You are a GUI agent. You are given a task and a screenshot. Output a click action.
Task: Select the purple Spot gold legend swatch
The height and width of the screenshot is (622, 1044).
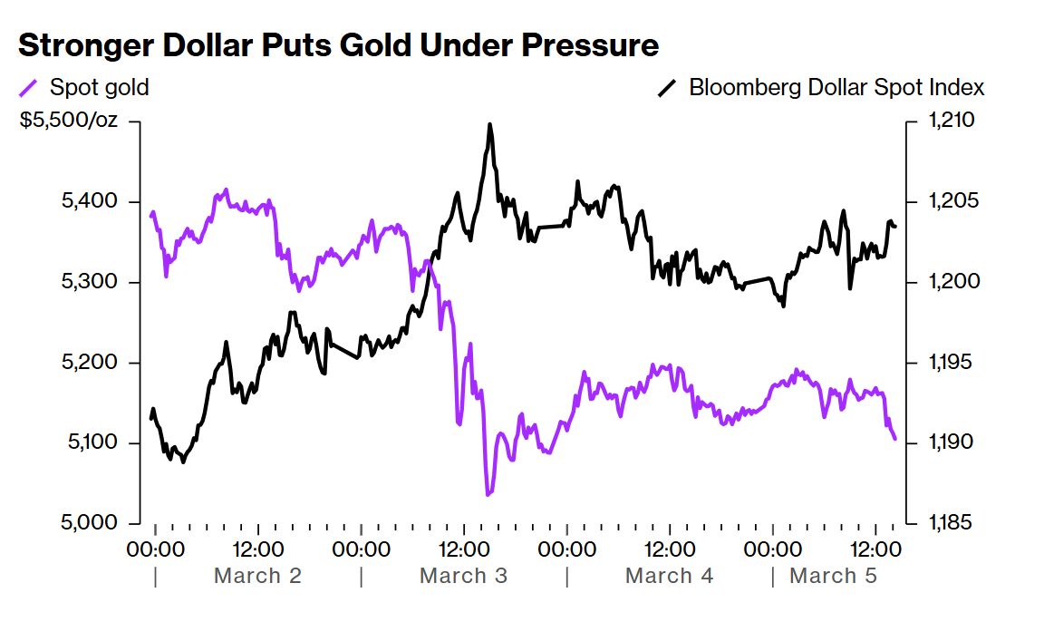(x=29, y=88)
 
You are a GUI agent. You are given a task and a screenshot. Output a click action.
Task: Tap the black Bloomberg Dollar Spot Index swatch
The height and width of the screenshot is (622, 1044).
(x=668, y=88)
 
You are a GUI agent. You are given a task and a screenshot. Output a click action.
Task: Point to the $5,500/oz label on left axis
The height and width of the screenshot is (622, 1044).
(x=69, y=121)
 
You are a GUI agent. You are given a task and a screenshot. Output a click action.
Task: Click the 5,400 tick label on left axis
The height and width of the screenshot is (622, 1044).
(x=88, y=201)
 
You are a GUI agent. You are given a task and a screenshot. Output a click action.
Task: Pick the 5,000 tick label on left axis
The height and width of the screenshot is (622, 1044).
(x=88, y=523)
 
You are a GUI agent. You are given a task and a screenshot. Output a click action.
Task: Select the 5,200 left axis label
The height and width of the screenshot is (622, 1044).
(x=88, y=363)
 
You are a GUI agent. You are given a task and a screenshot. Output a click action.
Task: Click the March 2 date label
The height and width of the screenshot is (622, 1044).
(x=257, y=576)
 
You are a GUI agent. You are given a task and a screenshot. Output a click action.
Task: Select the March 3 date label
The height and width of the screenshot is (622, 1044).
(x=463, y=576)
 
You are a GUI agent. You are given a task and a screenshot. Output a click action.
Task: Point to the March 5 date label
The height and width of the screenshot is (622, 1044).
(x=833, y=576)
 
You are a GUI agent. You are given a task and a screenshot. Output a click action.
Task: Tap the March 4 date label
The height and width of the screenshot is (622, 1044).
(x=669, y=576)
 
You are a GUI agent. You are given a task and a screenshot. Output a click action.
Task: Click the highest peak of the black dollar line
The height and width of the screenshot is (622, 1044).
(x=489, y=124)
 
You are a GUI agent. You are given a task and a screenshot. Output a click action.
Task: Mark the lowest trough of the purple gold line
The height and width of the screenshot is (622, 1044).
(x=488, y=494)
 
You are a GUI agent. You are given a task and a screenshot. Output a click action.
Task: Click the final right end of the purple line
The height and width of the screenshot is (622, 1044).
(x=895, y=439)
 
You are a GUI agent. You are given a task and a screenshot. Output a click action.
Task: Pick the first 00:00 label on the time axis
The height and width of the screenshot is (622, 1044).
(x=156, y=549)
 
